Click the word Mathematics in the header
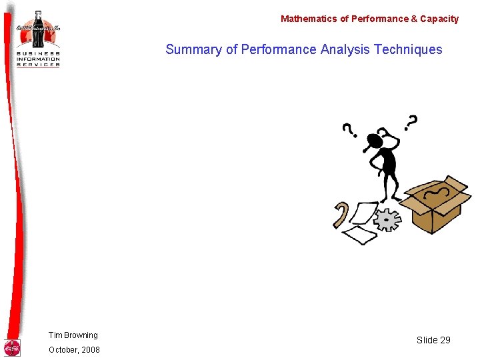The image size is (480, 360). point(309,19)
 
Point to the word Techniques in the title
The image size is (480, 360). point(408,49)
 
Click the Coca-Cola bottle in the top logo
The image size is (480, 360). point(38,29)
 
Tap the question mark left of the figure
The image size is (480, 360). point(348,129)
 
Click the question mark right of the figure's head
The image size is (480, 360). point(411,123)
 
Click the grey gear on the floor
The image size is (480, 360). point(387,219)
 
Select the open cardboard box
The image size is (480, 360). point(438,203)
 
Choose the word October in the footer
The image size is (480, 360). point(62,350)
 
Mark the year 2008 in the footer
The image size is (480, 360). point(90,350)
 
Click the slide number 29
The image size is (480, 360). point(445,340)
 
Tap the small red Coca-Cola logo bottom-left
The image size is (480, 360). point(12,348)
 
